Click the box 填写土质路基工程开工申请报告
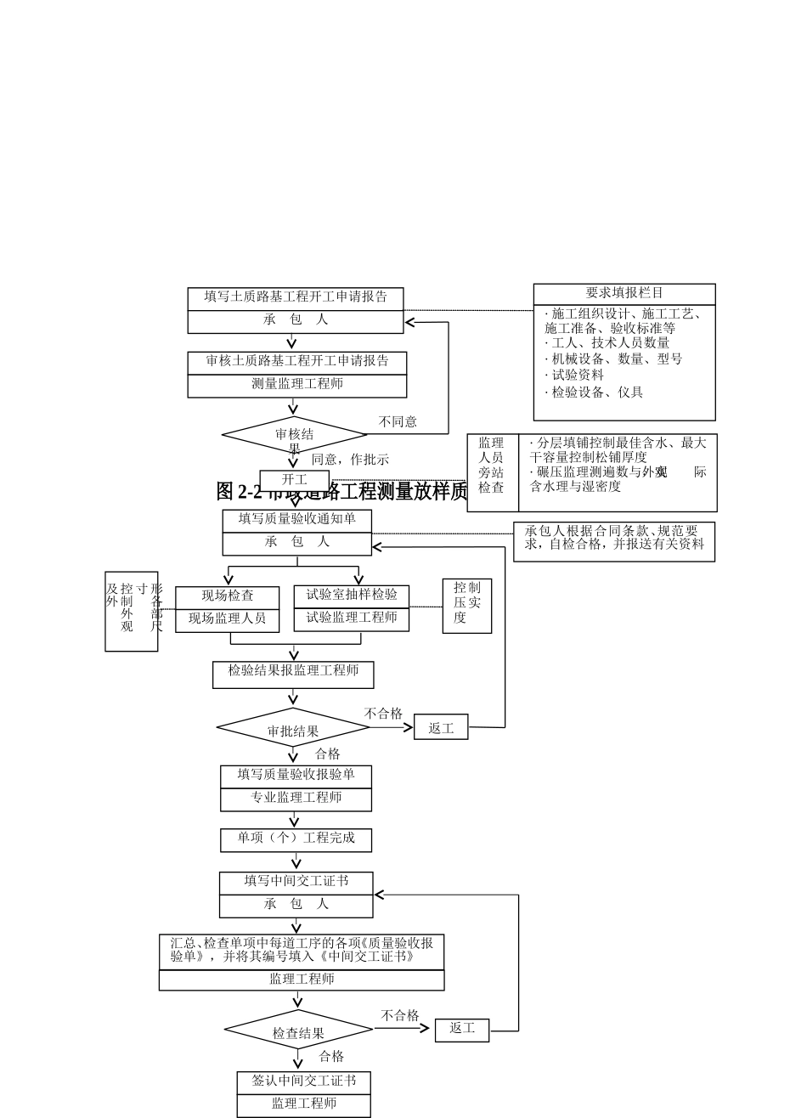click(295, 298)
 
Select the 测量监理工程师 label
click(297, 385)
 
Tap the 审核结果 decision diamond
click(294, 435)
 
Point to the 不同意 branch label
click(398, 422)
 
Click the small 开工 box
click(294, 480)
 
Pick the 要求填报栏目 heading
click(624, 294)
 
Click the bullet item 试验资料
click(577, 375)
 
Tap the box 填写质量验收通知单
click(296, 520)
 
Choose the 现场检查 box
click(227, 596)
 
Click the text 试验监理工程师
click(352, 618)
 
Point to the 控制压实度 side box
click(466, 605)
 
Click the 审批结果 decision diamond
click(293, 729)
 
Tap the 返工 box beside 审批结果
click(441, 728)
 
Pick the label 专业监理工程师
click(296, 799)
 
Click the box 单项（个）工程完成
click(296, 839)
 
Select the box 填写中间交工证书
click(296, 883)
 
